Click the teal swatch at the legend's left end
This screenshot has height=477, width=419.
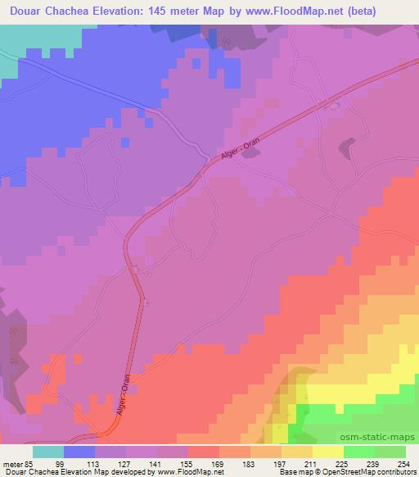(x=47, y=452)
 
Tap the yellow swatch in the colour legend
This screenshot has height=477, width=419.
(x=327, y=452)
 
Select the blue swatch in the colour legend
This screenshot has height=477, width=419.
(x=79, y=452)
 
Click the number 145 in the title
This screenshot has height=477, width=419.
(x=191, y=11)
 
